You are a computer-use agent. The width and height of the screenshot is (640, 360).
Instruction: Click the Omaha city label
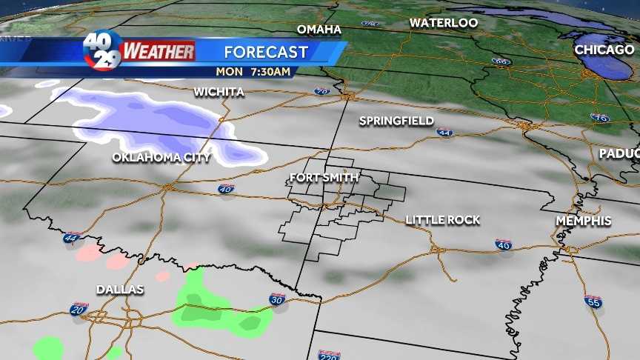pos(319,30)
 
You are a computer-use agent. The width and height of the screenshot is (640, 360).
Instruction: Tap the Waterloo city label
pos(444,23)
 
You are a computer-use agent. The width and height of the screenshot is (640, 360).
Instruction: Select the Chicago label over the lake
pos(605,50)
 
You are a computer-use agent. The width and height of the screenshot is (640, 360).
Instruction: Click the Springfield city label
pos(396,121)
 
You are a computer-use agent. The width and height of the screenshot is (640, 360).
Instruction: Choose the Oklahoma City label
pos(161,158)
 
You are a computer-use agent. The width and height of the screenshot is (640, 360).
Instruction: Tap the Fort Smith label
pos(324,178)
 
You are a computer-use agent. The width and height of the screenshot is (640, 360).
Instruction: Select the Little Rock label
pos(443,220)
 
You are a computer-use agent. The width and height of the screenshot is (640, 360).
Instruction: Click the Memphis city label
pos(584,221)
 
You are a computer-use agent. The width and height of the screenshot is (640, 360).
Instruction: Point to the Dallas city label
pos(119,289)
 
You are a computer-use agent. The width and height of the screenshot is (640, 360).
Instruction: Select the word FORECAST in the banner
pos(266,52)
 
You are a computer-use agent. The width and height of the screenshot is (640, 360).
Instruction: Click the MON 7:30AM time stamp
pos(253,72)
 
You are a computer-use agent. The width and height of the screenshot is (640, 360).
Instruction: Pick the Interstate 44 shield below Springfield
pos(444,133)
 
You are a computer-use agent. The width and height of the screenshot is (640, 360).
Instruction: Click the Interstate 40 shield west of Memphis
pos(504,244)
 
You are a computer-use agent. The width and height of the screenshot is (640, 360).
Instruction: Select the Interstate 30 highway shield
pos(276,299)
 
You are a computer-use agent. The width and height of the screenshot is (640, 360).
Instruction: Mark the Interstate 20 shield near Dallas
pos(79,310)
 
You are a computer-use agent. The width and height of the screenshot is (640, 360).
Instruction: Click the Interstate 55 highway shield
pos(593,301)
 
